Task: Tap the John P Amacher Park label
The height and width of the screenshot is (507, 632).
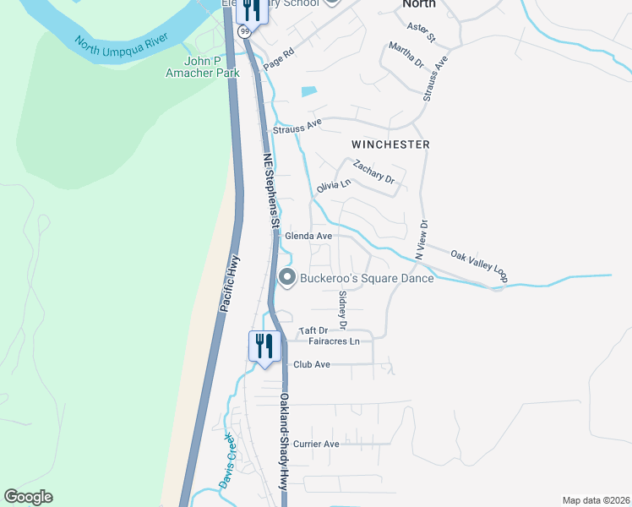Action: (212, 68)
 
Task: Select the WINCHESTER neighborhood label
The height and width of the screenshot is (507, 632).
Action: (391, 144)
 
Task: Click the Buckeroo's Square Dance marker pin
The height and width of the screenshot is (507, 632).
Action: (287, 278)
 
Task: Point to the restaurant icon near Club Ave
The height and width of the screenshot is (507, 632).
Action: (264, 345)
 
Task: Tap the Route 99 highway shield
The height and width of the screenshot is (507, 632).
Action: (244, 31)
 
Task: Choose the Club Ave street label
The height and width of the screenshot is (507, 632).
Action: (312, 365)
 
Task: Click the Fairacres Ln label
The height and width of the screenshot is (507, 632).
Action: (335, 341)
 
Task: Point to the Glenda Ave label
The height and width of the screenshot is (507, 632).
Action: (308, 236)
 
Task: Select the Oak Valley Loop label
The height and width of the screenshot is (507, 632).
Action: (479, 264)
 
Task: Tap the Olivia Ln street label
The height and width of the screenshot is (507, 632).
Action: (333, 185)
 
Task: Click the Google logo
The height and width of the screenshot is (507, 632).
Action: (28, 497)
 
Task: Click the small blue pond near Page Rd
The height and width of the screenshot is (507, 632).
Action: (309, 91)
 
